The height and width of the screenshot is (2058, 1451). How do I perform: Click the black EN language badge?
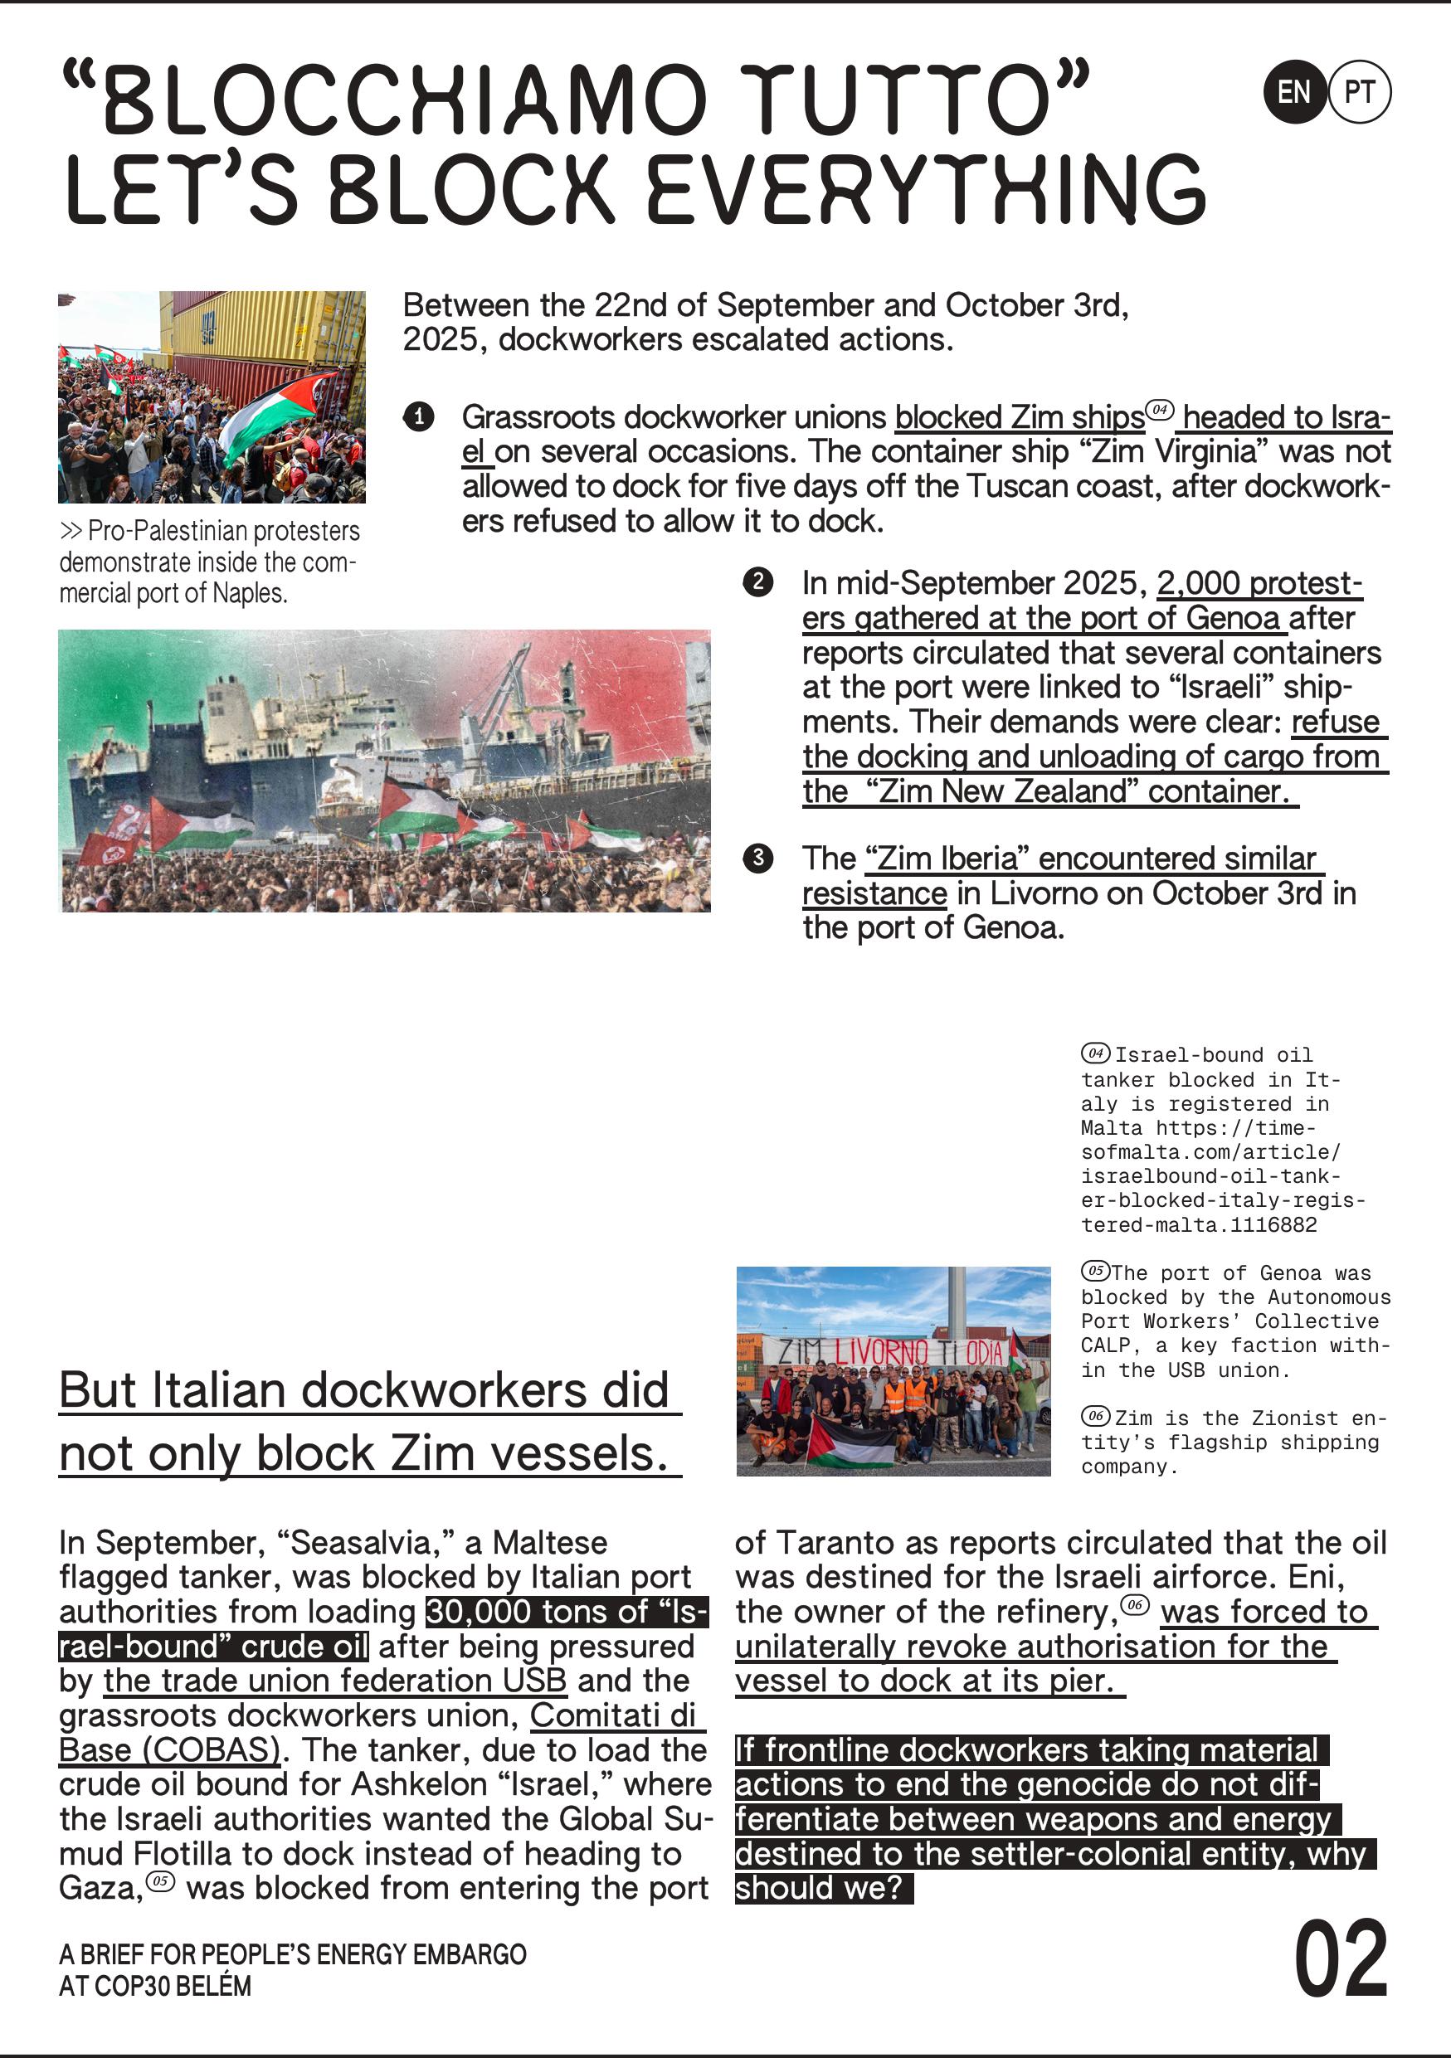[1294, 92]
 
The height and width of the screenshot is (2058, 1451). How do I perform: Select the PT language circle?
[1360, 92]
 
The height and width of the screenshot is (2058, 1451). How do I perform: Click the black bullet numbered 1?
[418, 416]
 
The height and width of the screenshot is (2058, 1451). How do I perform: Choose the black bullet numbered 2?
[758, 582]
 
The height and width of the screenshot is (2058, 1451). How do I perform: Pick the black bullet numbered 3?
[758, 858]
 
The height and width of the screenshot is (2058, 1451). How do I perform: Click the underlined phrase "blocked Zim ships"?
[1019, 418]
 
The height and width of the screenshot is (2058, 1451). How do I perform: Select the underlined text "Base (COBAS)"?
[169, 1749]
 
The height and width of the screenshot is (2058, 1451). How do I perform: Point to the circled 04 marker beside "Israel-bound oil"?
[1095, 1053]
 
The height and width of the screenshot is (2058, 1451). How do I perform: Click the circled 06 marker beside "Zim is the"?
[1095, 1416]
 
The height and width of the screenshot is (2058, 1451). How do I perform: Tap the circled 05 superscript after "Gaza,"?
[160, 1881]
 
